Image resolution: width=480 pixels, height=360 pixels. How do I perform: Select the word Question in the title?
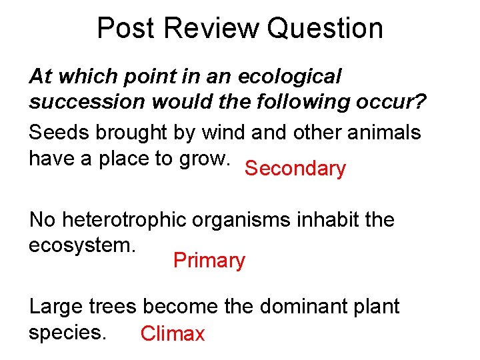pyautogui.click(x=325, y=29)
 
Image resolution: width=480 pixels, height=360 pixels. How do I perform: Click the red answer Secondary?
pyautogui.click(x=295, y=169)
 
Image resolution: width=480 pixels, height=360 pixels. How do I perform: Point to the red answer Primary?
pyautogui.click(x=209, y=260)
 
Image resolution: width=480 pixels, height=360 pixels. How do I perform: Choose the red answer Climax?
pyautogui.click(x=173, y=333)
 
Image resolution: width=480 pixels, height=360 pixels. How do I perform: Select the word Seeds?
pyautogui.click(x=59, y=133)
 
